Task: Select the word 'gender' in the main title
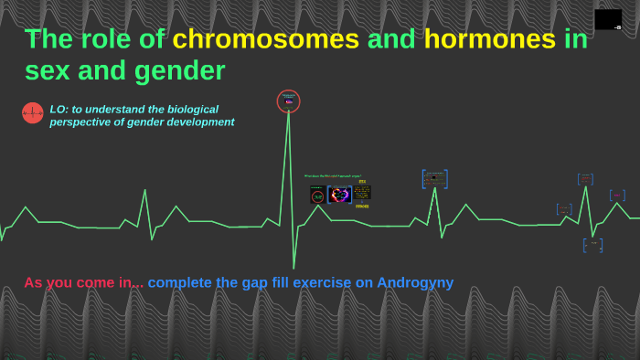[x=177, y=70]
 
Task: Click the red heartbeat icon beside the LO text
[x=33, y=112]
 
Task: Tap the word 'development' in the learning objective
[x=200, y=122]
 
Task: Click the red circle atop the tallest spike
[x=289, y=101]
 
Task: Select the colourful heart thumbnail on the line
[x=340, y=195]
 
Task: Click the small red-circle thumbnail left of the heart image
[x=317, y=196]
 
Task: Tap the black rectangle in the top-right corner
[x=608, y=19]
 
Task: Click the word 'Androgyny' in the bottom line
[x=415, y=282]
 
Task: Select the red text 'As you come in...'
[x=83, y=282]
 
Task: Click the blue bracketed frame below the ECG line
[x=592, y=245]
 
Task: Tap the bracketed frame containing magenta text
[x=617, y=196]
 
